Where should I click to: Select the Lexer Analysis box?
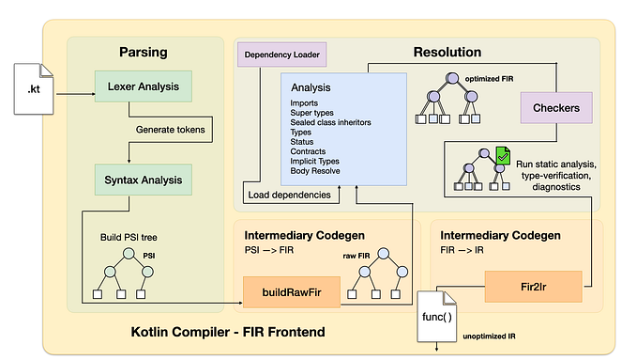pyautogui.click(x=144, y=86)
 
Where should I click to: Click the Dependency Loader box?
pyautogui.click(x=281, y=55)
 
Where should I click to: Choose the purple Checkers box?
pyautogui.click(x=555, y=108)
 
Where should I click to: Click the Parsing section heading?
pyautogui.click(x=143, y=51)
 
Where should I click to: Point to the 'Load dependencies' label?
pyautogui.click(x=289, y=196)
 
